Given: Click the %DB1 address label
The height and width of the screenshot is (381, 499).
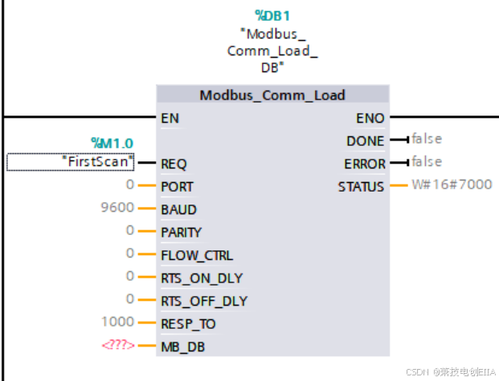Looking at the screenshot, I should tap(272, 15).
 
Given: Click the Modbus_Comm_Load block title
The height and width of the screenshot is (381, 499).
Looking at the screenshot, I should tap(272, 95).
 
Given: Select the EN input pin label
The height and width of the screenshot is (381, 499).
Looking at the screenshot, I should tap(170, 118).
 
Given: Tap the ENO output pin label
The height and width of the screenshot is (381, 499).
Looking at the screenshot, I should tap(370, 118).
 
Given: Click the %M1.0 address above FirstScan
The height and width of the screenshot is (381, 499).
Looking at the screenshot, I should tap(112, 144).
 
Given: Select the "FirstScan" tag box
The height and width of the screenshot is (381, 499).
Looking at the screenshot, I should tap(71, 162).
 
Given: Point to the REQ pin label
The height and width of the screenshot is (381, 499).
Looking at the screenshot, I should tap(174, 164).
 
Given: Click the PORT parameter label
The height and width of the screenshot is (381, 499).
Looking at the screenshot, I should tap(177, 187).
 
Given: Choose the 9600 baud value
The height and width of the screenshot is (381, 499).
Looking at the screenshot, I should tap(117, 209).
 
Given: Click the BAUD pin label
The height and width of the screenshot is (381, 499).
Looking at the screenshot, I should tap(178, 209).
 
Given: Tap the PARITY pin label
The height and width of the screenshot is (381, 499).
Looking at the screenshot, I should tap(181, 233).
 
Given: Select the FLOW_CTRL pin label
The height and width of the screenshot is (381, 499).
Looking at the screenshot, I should tap(196, 255).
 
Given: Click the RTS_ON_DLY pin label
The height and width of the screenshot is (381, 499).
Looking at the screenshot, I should tap(202, 278).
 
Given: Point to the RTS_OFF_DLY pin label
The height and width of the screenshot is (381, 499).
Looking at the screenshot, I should tap(204, 302).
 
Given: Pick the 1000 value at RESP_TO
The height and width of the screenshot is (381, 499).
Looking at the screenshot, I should tap(117, 322).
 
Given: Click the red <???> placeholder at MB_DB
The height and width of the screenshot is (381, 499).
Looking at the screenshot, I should tap(117, 347).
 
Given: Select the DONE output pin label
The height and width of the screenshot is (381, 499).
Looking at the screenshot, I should tap(365, 141).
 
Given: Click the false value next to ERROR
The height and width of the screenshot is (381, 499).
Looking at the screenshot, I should tap(426, 162).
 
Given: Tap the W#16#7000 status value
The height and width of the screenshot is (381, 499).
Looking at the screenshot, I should tap(452, 185).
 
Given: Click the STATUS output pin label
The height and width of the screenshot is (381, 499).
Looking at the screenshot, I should tap(361, 187).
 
